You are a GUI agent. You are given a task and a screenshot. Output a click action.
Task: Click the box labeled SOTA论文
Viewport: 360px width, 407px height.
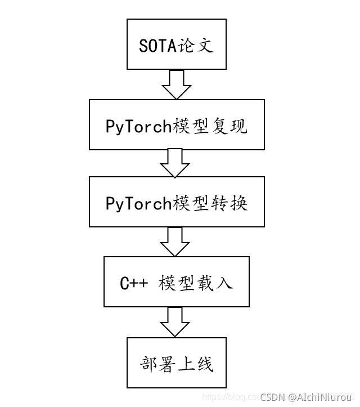176,45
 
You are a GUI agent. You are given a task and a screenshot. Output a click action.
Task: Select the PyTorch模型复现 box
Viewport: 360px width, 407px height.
176,124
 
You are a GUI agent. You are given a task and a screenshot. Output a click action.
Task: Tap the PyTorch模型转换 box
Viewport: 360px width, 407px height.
176,203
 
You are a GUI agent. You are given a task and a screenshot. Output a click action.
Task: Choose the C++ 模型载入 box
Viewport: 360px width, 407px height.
176,281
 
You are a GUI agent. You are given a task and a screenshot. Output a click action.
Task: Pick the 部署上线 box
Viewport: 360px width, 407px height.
176,363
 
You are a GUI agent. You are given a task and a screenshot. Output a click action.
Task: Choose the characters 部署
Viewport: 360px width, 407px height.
157,363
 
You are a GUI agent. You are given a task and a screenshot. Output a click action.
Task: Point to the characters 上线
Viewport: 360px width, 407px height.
196,363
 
